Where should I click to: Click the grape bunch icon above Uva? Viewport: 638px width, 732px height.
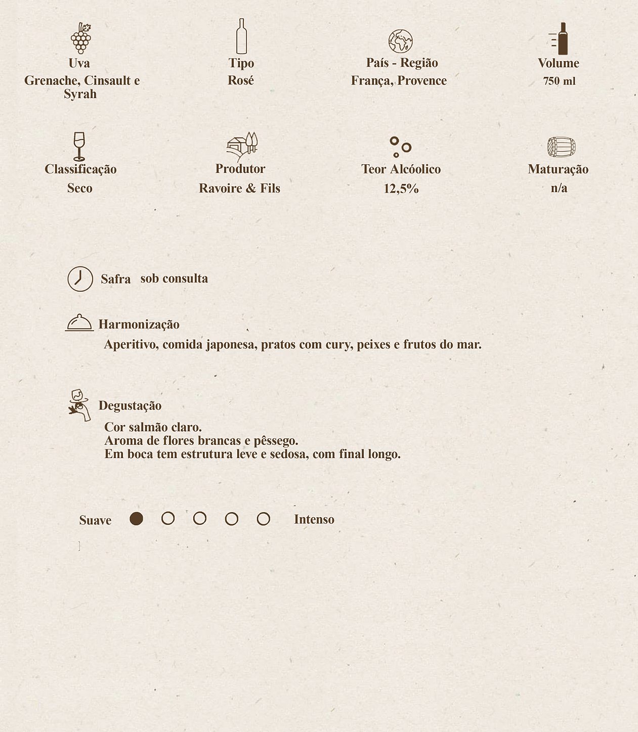point(80,38)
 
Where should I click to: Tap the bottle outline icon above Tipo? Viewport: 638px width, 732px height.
point(241,36)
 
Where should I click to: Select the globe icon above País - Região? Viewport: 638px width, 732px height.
point(400,41)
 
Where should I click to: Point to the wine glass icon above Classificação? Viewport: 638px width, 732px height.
point(79,146)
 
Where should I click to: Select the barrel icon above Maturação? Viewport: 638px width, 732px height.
point(561,147)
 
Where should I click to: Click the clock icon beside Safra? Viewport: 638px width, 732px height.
point(80,279)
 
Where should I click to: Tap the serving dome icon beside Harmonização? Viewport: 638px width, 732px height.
point(79,323)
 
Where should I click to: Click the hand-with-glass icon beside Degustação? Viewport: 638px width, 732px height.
point(79,405)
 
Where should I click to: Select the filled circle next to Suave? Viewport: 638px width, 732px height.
point(136,519)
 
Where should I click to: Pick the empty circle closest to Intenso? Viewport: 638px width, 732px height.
point(263,519)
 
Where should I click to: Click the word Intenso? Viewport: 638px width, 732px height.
point(314,520)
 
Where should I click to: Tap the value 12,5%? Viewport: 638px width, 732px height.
point(401,189)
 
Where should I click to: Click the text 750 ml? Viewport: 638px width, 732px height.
point(559,81)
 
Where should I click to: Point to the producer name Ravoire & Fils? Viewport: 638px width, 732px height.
point(239,189)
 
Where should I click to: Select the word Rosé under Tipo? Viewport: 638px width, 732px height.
point(241,80)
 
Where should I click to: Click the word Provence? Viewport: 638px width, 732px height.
point(422,81)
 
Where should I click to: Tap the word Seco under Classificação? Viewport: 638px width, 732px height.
point(80,188)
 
